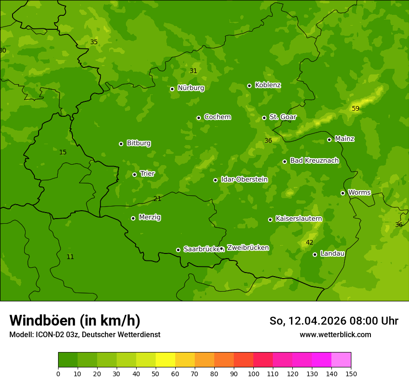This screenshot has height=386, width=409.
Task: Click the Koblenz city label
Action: click(x=268, y=85)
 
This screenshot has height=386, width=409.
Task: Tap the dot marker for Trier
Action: click(x=135, y=174)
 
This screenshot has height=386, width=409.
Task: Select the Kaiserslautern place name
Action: click(x=298, y=219)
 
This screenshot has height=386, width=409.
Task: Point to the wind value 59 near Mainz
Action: click(x=356, y=108)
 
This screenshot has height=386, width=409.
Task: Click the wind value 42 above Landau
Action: click(x=310, y=242)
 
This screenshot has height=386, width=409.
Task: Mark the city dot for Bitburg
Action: click(x=121, y=144)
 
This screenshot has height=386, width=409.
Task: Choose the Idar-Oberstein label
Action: click(x=244, y=179)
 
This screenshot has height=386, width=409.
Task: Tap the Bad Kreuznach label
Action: click(x=314, y=160)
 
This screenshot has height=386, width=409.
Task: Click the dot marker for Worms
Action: click(x=343, y=193)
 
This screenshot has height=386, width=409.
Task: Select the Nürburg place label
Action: click(x=191, y=88)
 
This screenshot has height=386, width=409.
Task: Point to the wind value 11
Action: click(x=70, y=257)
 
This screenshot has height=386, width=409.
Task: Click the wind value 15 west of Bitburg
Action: click(x=63, y=152)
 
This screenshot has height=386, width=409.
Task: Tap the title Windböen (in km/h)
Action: click(x=75, y=320)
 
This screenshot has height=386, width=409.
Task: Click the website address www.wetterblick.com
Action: click(x=335, y=334)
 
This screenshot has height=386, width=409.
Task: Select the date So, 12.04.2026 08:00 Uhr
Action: click(x=334, y=321)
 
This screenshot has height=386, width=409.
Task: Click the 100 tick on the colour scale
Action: click(x=253, y=373)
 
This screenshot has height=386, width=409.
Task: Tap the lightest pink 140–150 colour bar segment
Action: click(x=341, y=359)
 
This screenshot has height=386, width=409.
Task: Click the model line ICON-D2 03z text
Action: click(x=85, y=334)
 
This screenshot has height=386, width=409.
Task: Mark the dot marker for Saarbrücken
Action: click(x=178, y=250)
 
